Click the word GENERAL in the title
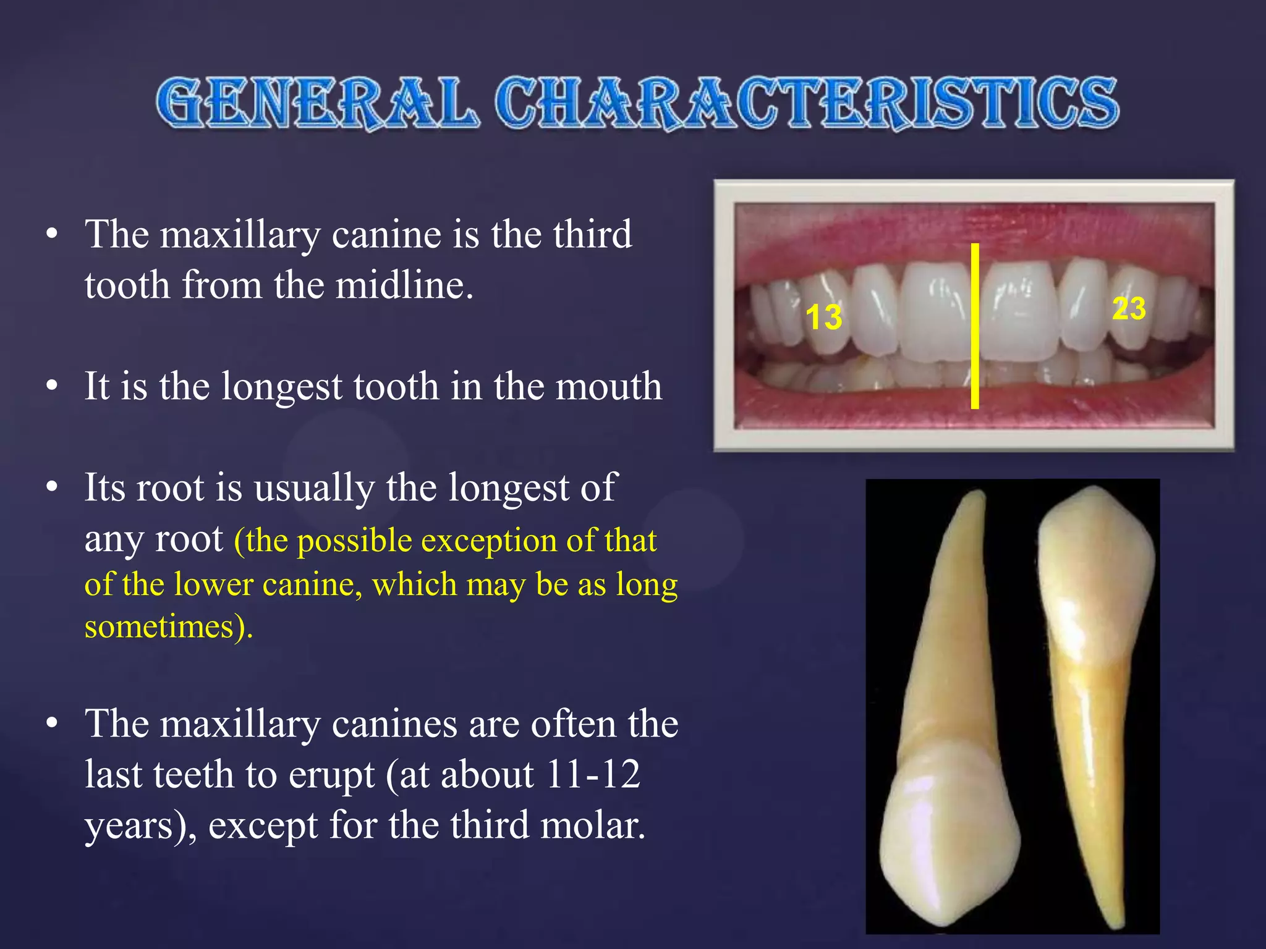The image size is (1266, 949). (317, 104)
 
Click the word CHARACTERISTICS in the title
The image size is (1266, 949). (806, 104)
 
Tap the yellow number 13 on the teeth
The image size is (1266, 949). (823, 318)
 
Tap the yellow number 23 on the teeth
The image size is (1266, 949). (1129, 308)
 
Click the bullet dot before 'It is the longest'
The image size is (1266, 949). (52, 386)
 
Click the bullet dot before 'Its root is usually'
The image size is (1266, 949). (52, 487)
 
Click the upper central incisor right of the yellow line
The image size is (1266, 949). (1019, 312)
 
